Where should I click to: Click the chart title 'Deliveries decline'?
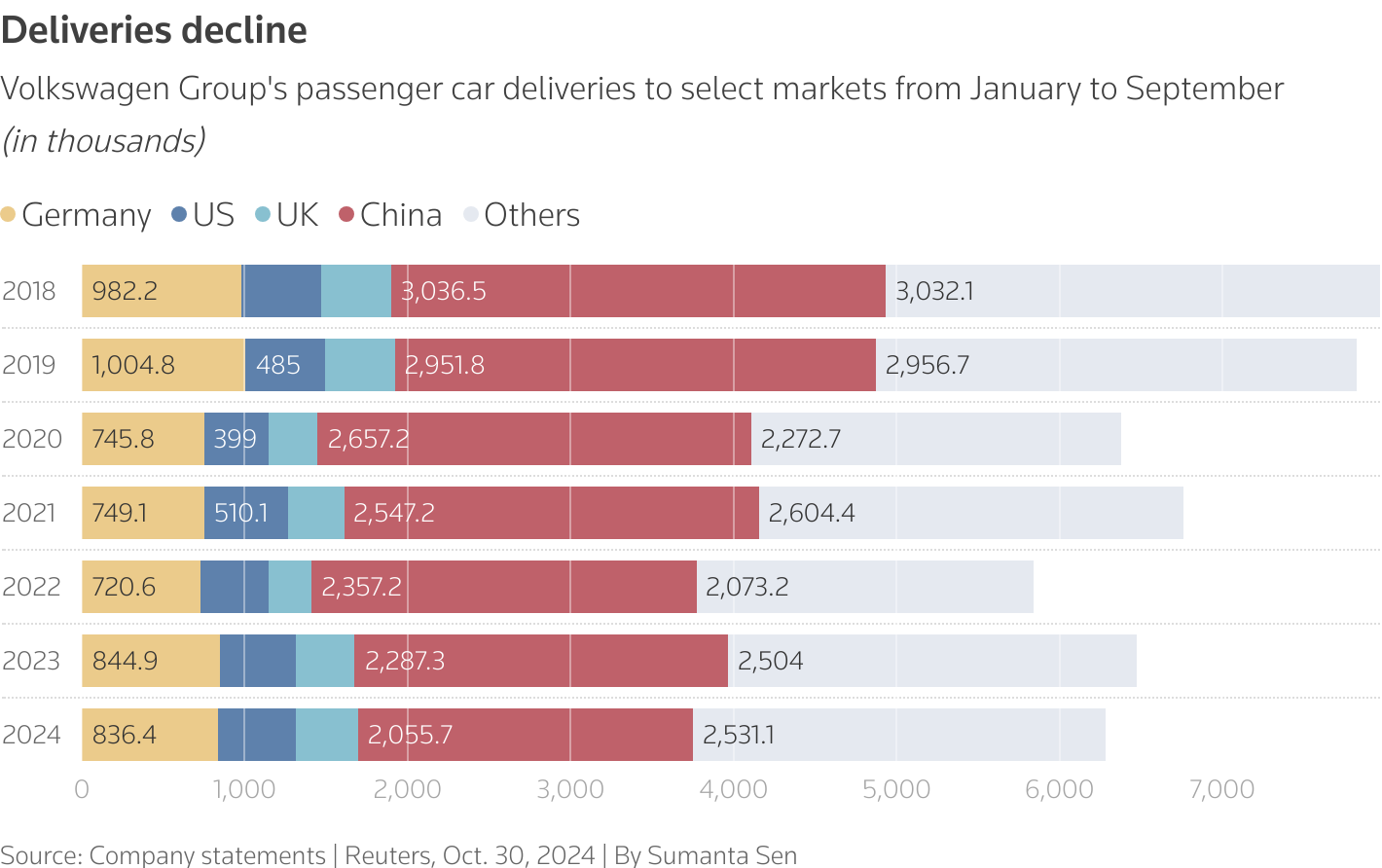pos(154,31)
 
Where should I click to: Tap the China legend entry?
pos(389,215)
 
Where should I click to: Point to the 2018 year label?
pos(29,291)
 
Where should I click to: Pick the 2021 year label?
pos(29,513)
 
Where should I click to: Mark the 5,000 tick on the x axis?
pos(896,790)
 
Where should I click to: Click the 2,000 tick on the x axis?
pos(407,790)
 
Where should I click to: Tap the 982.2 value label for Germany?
pos(125,291)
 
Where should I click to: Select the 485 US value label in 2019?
pos(278,365)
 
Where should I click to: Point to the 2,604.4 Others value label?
pos(812,513)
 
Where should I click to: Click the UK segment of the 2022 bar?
pos(290,587)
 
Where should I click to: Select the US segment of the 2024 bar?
pos(257,735)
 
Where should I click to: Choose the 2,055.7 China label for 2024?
pos(410,735)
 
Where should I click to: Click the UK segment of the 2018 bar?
pos(356,291)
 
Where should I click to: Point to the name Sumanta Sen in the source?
pos(722,855)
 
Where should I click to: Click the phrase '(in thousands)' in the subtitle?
pos(104,141)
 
